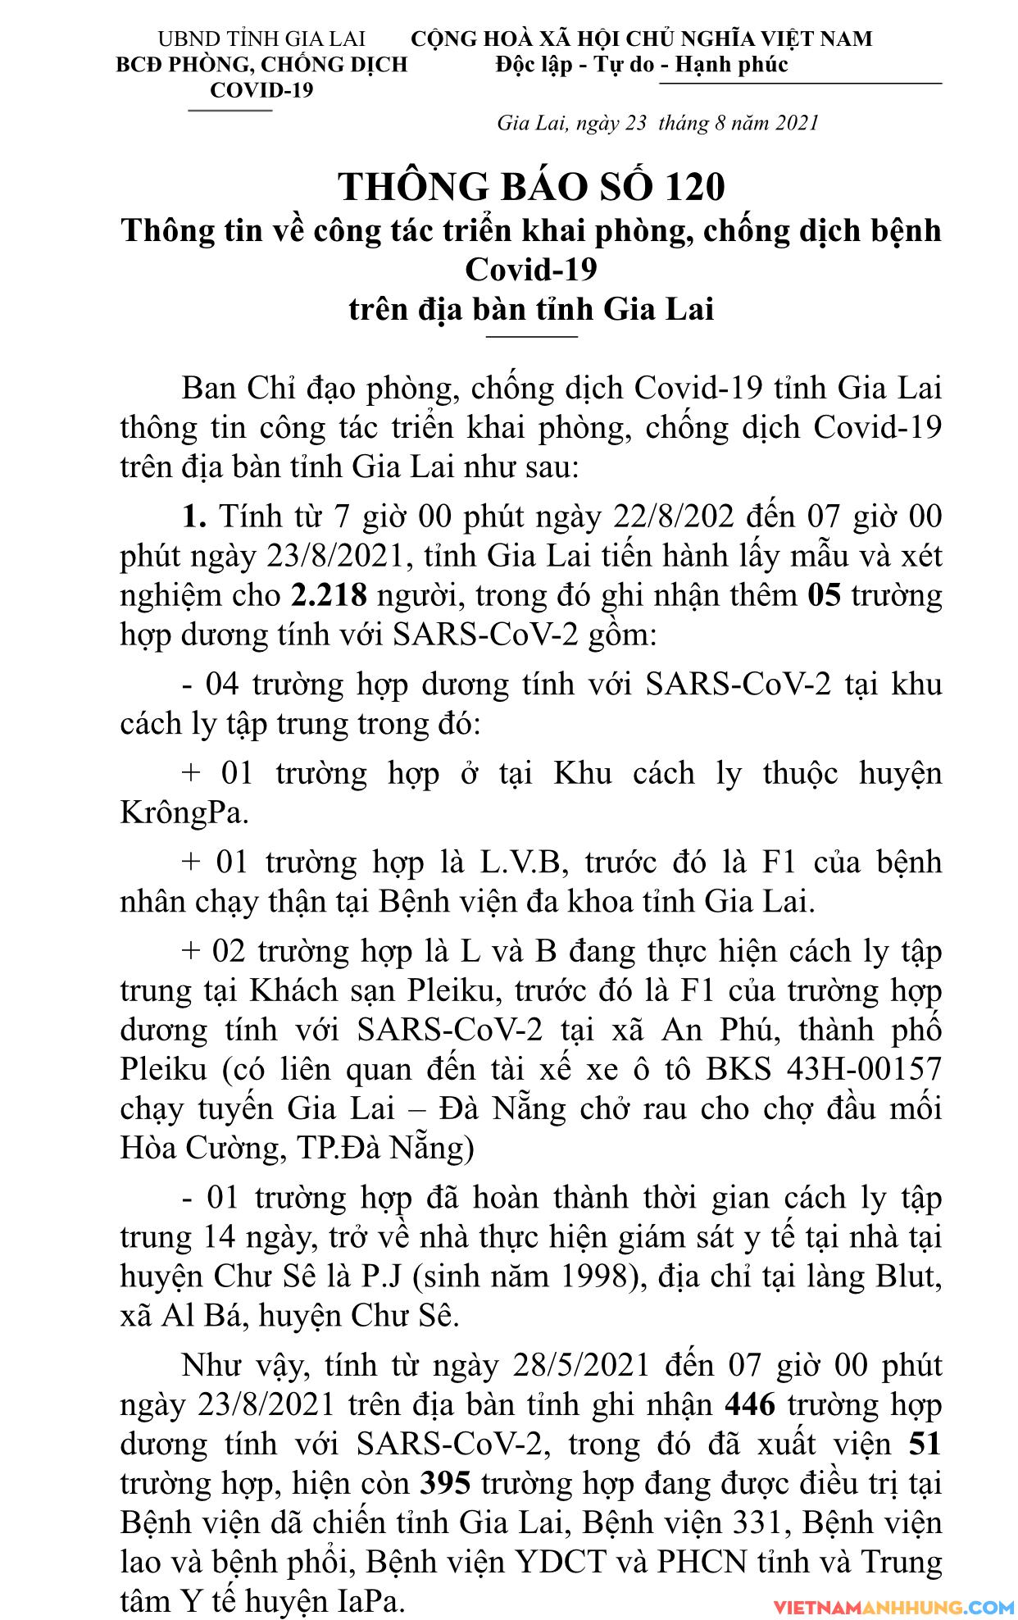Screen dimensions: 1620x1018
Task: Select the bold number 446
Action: click(x=750, y=1405)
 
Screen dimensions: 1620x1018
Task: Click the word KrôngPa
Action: click(x=184, y=812)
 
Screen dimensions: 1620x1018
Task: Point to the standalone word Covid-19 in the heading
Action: click(x=531, y=269)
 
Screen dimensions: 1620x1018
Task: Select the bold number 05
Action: click(x=824, y=595)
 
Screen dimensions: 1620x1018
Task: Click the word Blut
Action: click(x=902, y=1276)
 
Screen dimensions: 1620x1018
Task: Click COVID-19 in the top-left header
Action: click(x=261, y=89)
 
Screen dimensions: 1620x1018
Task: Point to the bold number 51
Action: click(x=925, y=1445)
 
